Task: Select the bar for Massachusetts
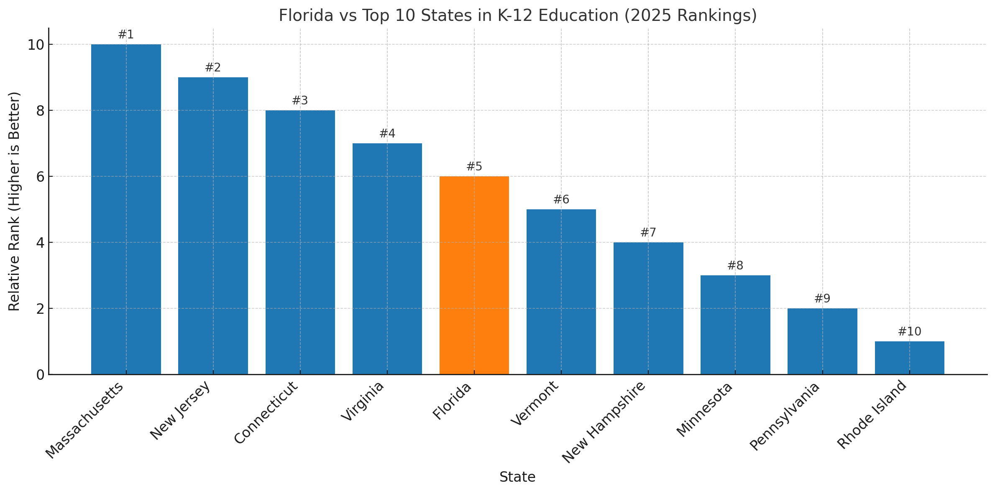126,209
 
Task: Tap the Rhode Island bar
909,358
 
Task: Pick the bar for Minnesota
735,325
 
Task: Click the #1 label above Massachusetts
126,35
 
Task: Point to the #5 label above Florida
474,167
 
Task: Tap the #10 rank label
909,332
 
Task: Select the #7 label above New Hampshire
648,233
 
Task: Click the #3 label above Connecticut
300,101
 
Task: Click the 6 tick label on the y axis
40,177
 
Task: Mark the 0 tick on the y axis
40,375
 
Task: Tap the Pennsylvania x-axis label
784,416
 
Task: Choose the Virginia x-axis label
362,401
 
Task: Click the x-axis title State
517,477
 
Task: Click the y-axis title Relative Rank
14,201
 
